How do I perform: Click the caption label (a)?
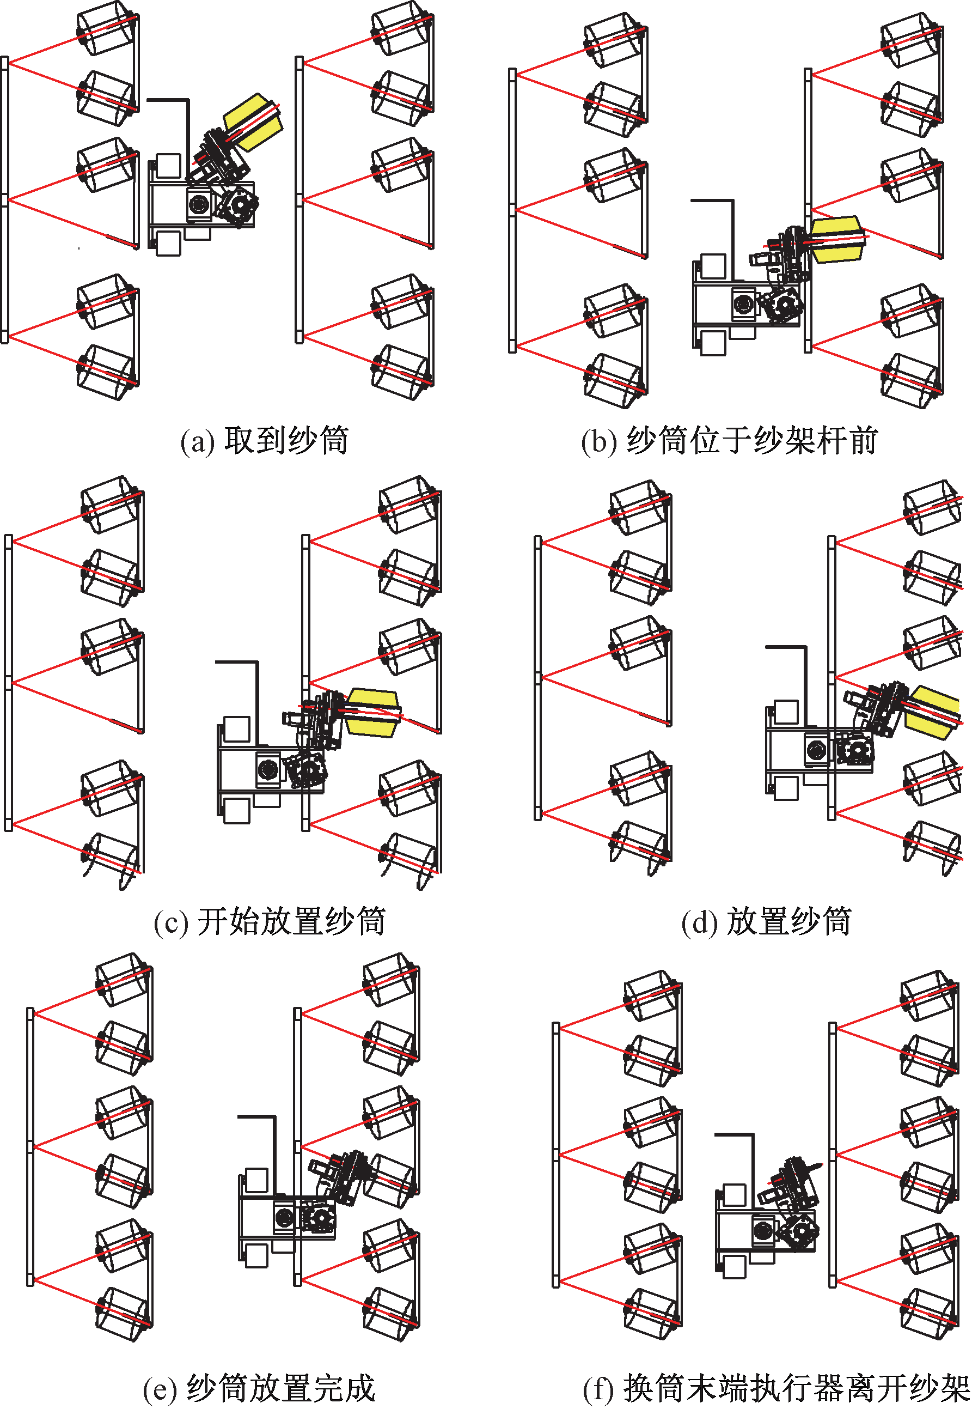(197, 442)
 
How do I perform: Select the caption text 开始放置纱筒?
(291, 921)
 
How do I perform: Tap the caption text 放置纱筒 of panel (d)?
(789, 921)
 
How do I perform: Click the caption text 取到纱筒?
(286, 441)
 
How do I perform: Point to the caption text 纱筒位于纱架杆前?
(753, 441)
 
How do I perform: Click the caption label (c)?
(171, 922)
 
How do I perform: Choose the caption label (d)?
(699, 922)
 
